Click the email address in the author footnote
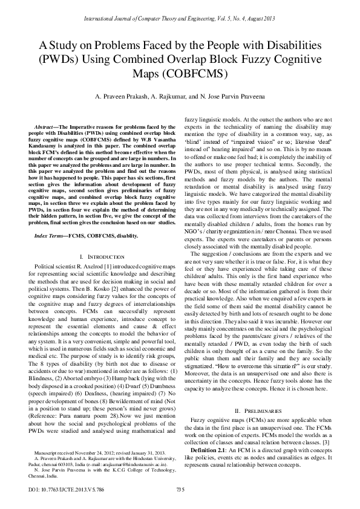click(120, 463)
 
